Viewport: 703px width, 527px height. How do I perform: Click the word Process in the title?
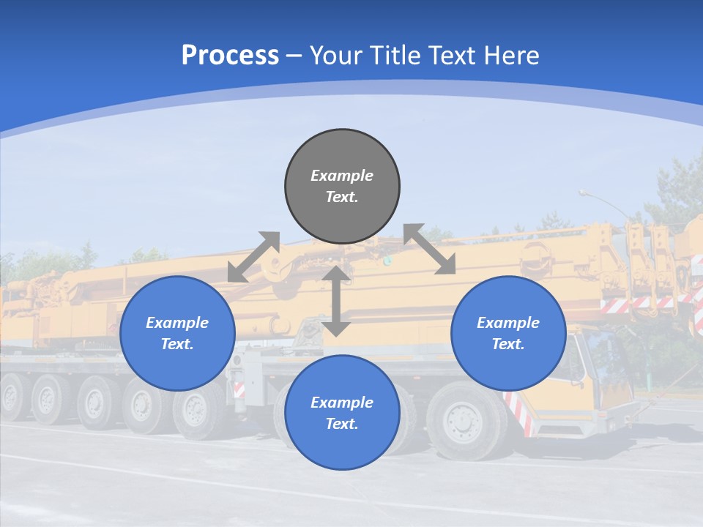coord(230,56)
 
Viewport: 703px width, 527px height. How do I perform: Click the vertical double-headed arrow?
coord(336,301)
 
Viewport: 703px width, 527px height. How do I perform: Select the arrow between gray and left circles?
coord(253,257)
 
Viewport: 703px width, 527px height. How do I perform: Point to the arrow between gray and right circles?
coord(430,249)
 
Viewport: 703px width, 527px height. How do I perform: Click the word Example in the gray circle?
coord(342,176)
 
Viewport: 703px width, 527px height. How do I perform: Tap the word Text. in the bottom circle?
coord(342,424)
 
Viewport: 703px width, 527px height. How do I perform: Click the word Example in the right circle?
coord(508,323)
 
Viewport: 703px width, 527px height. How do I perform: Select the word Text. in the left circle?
coord(177,344)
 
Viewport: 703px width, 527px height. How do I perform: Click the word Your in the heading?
coord(335,56)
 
